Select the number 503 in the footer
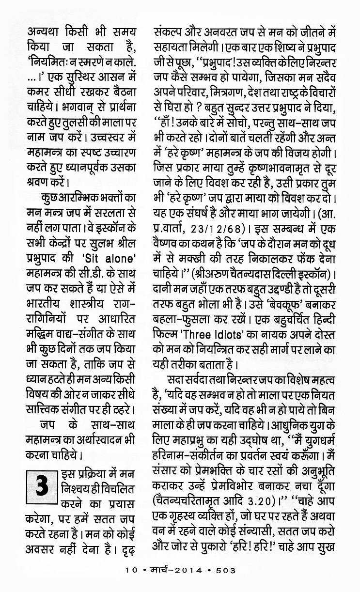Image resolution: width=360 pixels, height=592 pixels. (225, 570)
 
